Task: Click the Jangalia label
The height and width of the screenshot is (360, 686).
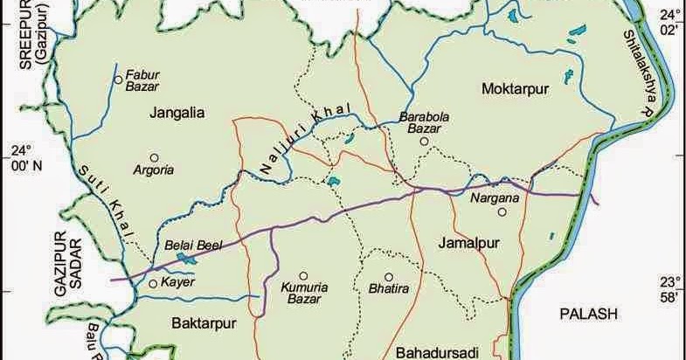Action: (177, 112)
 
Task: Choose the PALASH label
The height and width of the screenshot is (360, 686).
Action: (589, 313)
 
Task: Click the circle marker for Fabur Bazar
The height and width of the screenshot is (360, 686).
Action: (118, 80)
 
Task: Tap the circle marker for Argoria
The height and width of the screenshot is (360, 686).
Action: (154, 159)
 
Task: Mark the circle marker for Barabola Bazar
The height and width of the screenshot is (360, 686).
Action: (423, 141)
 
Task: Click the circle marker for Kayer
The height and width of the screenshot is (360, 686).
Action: (153, 284)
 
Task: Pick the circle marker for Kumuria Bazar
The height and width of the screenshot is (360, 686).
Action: (303, 274)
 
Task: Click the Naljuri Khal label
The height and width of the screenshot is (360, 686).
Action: (304, 140)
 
